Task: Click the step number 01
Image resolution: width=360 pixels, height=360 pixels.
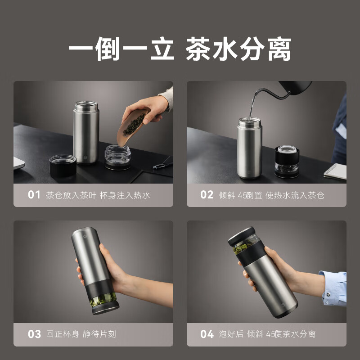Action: pos(34,195)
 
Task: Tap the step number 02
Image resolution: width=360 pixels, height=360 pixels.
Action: pos(207,195)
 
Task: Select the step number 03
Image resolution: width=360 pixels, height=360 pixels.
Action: pos(34,334)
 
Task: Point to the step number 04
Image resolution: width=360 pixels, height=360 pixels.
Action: pos(207,334)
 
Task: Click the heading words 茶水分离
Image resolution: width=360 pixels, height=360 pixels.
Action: pos(238,49)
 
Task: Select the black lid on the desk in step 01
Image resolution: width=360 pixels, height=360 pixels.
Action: pos(63,166)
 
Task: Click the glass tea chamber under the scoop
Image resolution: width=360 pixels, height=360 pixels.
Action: pos(118,157)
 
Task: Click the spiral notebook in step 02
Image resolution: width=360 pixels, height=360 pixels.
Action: pos(335,171)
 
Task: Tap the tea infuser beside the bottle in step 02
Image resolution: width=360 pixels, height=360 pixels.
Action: pos(288,161)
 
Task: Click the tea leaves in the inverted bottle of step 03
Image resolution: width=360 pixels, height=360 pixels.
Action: pos(103,299)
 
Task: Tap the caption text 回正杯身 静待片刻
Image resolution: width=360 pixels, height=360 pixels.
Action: pos(81,334)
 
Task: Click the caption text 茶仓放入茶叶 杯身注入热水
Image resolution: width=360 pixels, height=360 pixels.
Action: pos(98,195)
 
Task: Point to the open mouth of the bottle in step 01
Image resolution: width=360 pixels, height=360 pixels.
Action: pos(86,104)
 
